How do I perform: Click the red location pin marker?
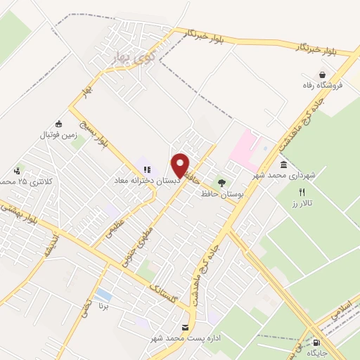181,165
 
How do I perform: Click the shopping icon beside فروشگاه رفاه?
323,75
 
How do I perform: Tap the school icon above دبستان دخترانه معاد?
148,169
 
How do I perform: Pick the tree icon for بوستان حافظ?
222,182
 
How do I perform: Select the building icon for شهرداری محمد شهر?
283,165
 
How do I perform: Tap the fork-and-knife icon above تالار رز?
302,192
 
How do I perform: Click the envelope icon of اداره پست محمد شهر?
185,328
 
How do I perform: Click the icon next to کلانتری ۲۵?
16,171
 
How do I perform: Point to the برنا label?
104,307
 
